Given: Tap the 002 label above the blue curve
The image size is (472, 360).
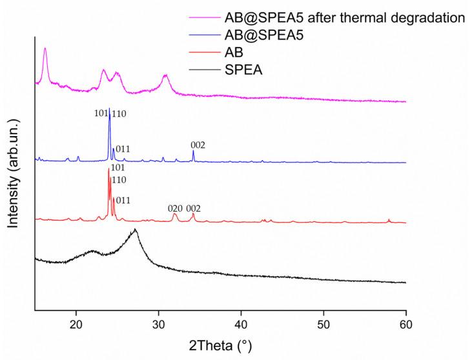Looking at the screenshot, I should [198, 145].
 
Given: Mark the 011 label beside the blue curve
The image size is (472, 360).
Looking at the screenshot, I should [123, 148].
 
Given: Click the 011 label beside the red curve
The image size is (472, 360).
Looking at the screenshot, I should [123, 201].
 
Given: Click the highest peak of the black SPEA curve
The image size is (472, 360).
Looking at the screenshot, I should [135, 230].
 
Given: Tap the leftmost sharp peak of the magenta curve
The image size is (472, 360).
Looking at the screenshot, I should [45, 48].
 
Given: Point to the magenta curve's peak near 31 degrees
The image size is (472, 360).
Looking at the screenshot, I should [166, 75].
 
